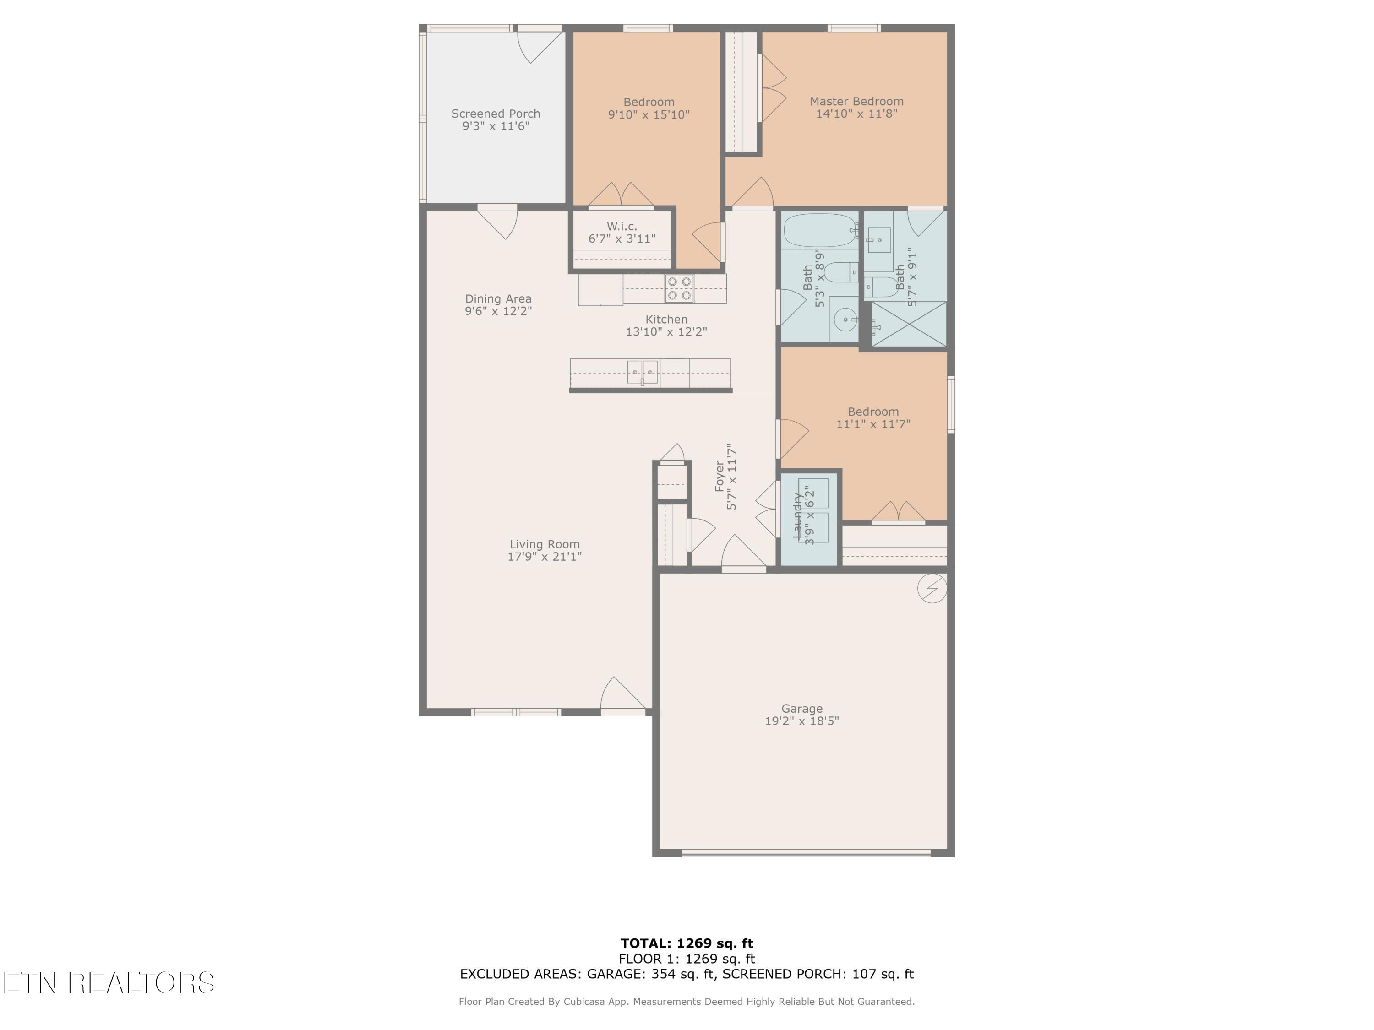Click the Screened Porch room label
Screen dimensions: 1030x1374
point(495,114)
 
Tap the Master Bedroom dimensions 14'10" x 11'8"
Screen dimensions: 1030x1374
point(856,114)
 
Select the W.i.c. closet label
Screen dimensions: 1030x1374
point(622,227)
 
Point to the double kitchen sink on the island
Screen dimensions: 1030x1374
point(642,372)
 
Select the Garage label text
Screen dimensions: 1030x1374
point(801,708)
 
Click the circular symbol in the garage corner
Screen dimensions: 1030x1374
point(932,588)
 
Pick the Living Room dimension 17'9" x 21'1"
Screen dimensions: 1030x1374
point(544,556)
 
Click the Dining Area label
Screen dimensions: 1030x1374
point(498,298)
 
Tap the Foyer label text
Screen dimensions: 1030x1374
point(720,476)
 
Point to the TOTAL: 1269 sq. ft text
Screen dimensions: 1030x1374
point(687,943)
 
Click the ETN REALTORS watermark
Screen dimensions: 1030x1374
point(109,983)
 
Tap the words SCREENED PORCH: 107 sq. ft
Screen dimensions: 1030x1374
point(818,974)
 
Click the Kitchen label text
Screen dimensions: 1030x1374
point(666,319)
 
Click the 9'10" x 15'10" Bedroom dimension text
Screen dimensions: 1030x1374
point(649,114)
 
